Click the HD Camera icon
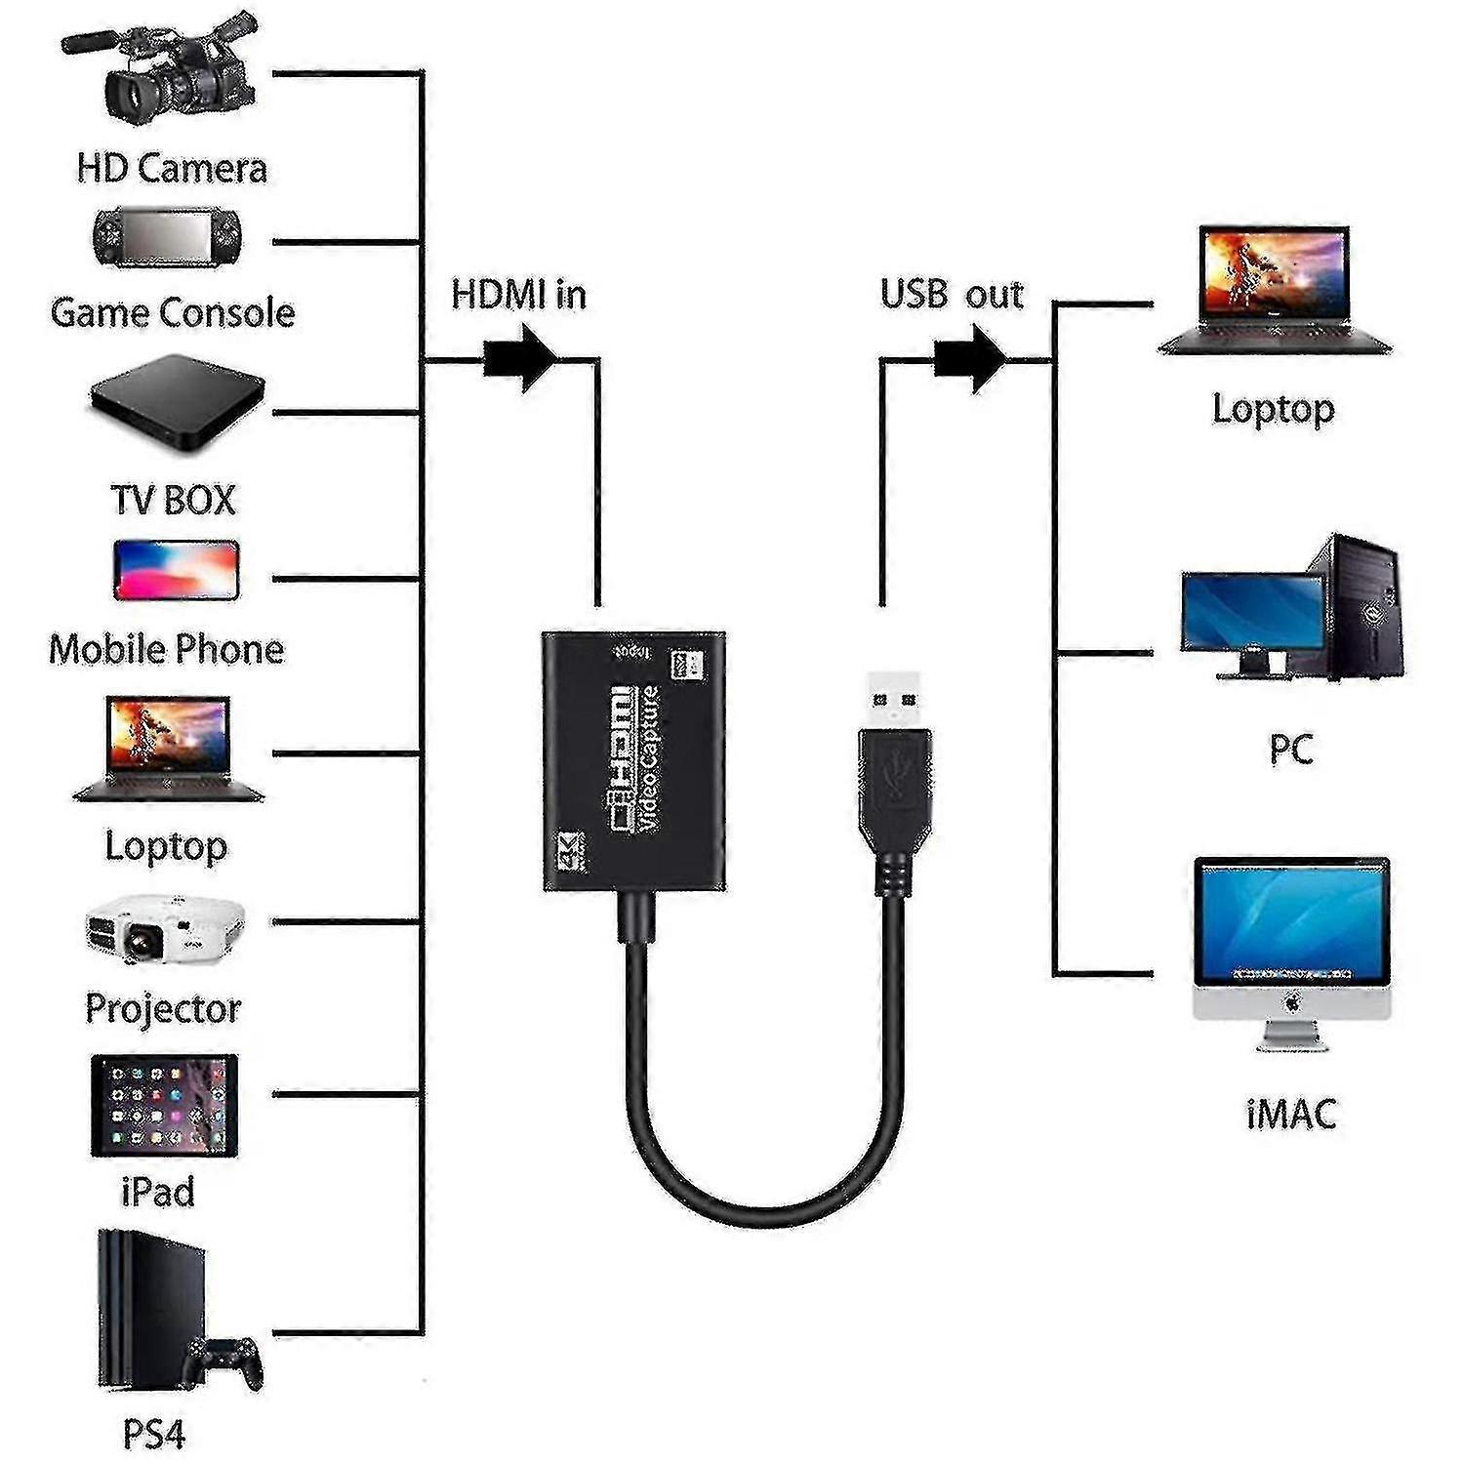click(162, 73)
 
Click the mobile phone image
click(177, 569)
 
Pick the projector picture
click(165, 926)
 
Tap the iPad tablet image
click(164, 1105)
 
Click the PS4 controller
click(226, 1361)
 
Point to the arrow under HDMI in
click(521, 358)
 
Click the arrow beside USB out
click(970, 358)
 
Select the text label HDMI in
click(518, 295)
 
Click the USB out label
click(952, 295)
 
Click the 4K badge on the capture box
click(570, 851)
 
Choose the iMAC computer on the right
click(1291, 952)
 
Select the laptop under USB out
click(1275, 291)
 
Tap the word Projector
click(163, 1008)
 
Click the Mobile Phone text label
click(166, 649)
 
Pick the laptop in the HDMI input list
click(169, 749)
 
